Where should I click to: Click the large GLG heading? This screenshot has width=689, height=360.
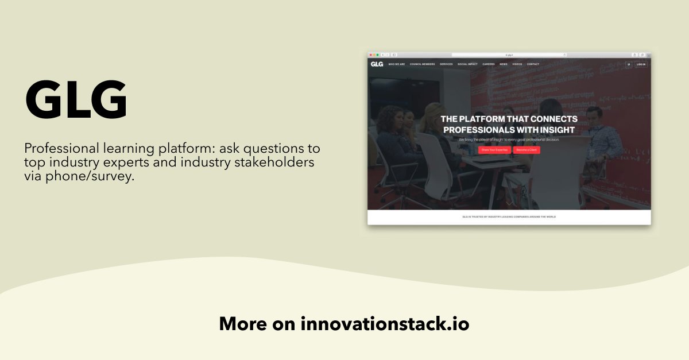click(x=76, y=101)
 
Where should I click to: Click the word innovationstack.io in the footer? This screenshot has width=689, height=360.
click(x=385, y=324)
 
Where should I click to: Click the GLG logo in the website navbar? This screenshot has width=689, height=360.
click(x=377, y=64)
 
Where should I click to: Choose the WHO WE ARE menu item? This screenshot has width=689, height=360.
click(x=397, y=64)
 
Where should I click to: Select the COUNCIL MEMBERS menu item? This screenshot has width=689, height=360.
click(x=423, y=64)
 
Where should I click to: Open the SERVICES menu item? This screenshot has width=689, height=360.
click(x=446, y=64)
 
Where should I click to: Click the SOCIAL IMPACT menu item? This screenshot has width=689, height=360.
click(x=467, y=64)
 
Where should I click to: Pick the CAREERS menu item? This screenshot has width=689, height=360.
click(x=489, y=64)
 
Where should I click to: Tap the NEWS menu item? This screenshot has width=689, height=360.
click(x=504, y=64)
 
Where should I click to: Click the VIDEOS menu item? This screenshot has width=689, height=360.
click(x=517, y=64)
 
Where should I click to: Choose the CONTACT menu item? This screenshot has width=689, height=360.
click(x=533, y=64)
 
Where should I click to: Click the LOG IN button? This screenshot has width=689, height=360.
click(x=641, y=64)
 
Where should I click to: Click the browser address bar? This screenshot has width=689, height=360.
click(x=509, y=55)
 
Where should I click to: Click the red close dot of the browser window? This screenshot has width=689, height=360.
click(x=370, y=55)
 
